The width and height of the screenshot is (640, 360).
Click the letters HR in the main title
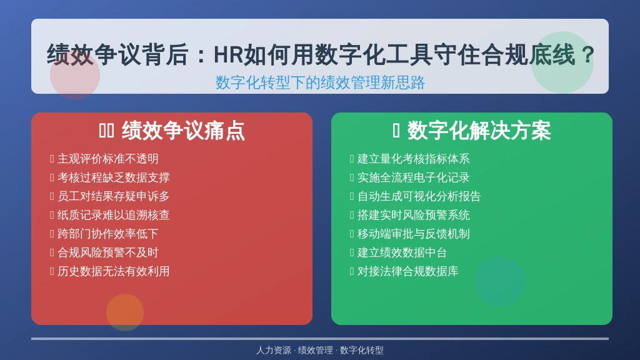click(229, 55)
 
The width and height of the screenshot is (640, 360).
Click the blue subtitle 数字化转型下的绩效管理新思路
click(320, 82)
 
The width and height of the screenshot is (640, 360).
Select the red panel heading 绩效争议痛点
click(183, 131)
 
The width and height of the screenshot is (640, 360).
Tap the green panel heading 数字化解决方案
click(479, 131)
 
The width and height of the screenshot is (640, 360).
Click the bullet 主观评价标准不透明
click(107, 159)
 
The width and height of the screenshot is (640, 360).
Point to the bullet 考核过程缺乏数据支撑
click(114, 177)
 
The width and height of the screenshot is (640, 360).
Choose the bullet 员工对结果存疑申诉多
click(114, 196)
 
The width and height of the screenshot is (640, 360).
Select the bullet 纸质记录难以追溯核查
click(114, 215)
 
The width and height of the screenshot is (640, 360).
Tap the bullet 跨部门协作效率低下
click(107, 234)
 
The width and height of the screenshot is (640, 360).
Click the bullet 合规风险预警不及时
click(107, 252)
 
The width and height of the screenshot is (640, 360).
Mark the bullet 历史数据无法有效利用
click(114, 271)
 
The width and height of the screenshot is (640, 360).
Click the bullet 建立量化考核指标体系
click(414, 159)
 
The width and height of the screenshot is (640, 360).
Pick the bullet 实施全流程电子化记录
click(414, 177)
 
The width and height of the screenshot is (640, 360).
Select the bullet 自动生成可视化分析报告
click(419, 196)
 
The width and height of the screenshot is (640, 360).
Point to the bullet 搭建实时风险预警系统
click(414, 215)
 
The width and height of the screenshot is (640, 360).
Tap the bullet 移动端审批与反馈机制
click(414, 234)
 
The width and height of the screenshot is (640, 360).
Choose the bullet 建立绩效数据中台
click(402, 252)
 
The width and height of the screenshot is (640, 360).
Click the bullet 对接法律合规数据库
click(407, 271)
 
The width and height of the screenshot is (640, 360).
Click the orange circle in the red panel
click(125, 312)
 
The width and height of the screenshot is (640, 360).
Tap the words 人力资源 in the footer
click(274, 350)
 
